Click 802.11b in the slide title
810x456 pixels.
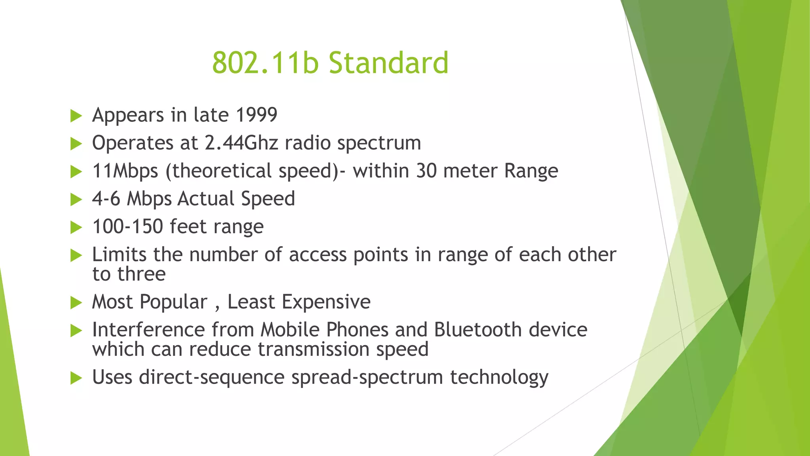click(265, 63)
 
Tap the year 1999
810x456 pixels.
click(256, 115)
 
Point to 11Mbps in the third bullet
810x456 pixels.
click(125, 171)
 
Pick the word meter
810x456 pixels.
click(470, 171)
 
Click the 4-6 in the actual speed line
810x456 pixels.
click(106, 199)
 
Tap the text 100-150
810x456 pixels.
click(127, 227)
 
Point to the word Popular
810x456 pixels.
click(174, 302)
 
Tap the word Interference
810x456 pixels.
click(148, 330)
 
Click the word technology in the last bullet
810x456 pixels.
click(499, 377)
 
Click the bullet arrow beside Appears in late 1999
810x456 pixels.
click(76, 116)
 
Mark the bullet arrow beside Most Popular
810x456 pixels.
click(76, 303)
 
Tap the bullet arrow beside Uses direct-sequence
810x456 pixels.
click(76, 378)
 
